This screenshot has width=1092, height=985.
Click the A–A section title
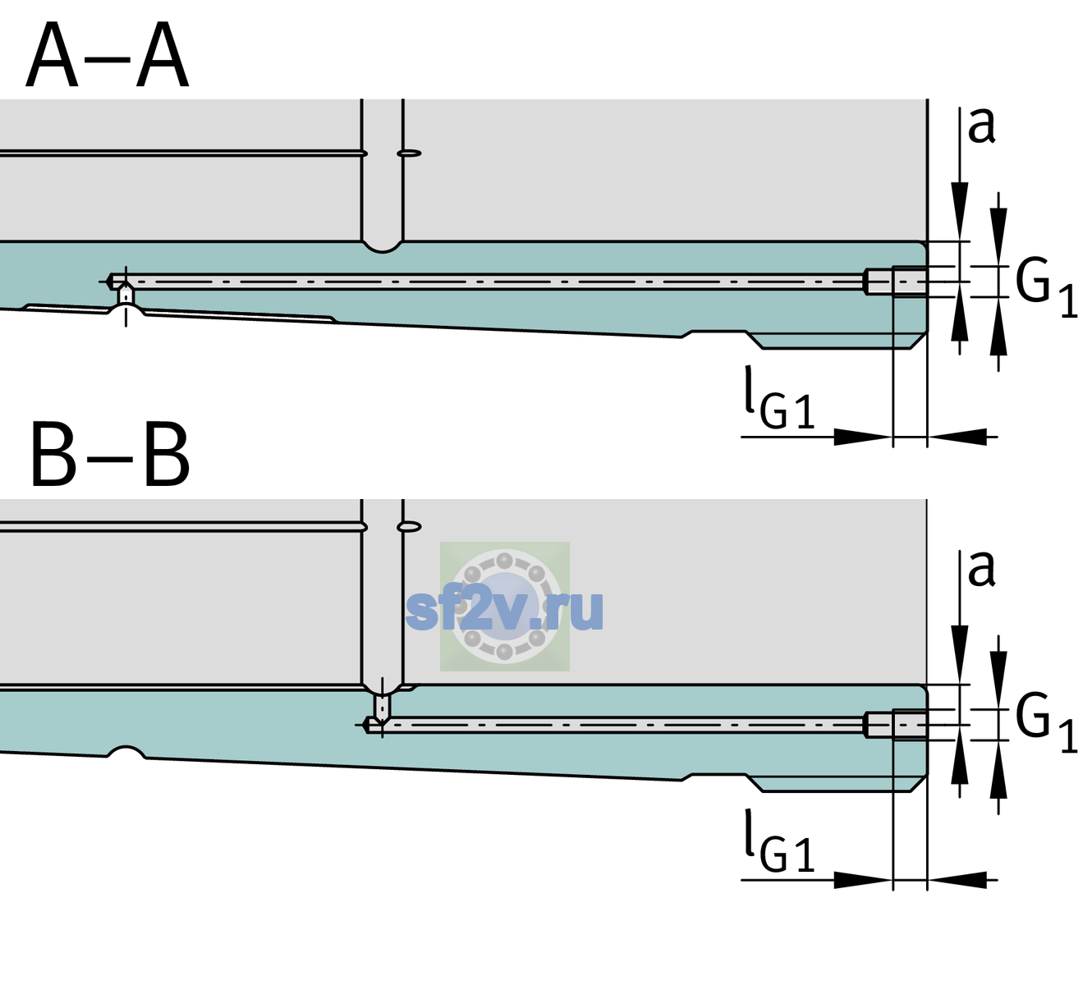click(107, 56)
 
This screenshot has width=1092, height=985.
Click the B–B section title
click(111, 455)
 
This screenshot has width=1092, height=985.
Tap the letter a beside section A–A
click(981, 126)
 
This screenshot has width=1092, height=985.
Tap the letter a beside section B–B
click(981, 569)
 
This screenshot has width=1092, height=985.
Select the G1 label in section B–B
click(1046, 722)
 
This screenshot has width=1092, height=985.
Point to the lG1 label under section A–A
click(779, 398)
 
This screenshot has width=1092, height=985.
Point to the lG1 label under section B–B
click(779, 841)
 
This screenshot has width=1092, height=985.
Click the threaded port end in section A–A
click(896, 282)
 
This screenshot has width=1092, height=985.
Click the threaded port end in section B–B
click(896, 725)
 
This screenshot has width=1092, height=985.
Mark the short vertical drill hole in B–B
click(383, 705)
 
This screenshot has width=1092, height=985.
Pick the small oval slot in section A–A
click(409, 153)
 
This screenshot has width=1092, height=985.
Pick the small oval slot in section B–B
click(409, 527)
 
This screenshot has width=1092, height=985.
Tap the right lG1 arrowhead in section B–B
click(957, 880)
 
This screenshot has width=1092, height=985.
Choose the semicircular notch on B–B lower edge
click(126, 752)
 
